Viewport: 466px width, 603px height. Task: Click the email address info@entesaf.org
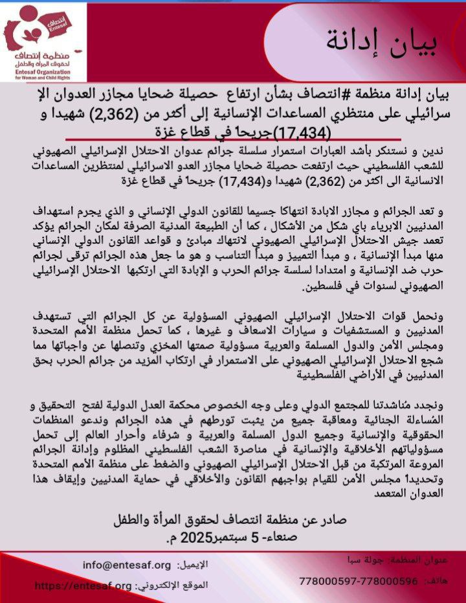127,565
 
